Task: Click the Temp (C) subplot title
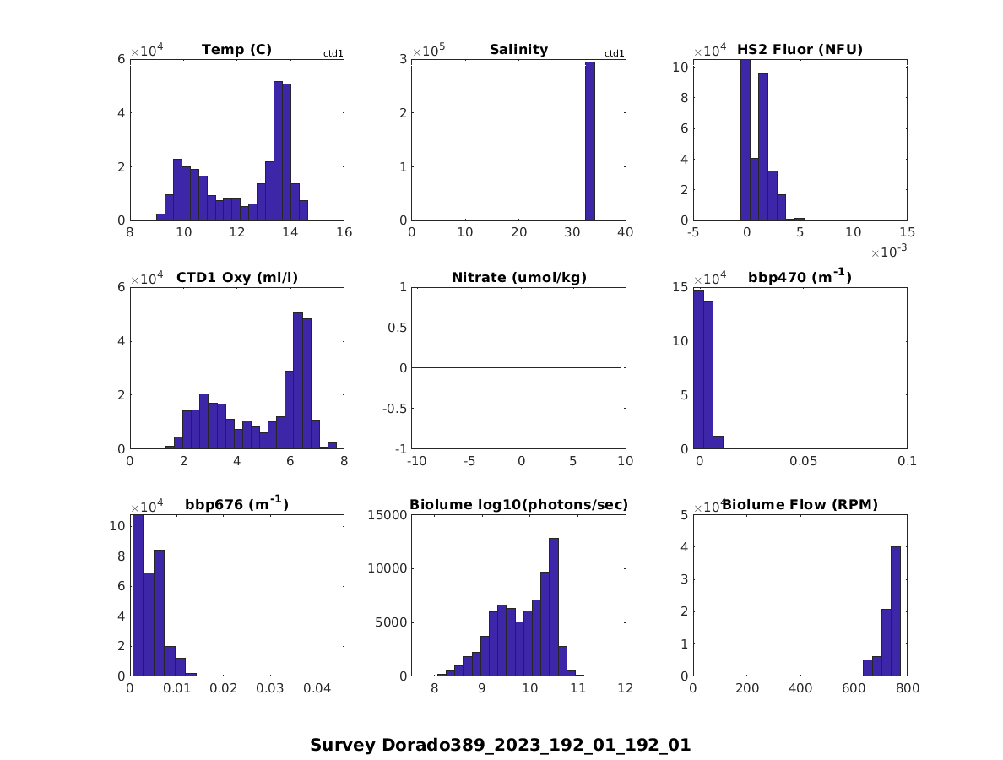[x=236, y=50]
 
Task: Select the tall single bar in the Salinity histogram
[x=590, y=141]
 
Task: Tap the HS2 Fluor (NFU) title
[x=800, y=50]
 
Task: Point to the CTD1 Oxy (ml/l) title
[x=236, y=278]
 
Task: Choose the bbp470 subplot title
[x=800, y=277]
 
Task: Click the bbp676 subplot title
[x=236, y=505]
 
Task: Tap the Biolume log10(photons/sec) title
[x=518, y=505]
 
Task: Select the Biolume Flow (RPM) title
[x=800, y=505]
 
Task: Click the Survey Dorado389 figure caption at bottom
[x=500, y=746]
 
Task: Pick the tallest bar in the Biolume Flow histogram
[x=896, y=611]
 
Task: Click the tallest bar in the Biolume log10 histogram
[x=554, y=606]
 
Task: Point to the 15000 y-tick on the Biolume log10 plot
[x=386, y=514]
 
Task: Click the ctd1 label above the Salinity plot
[x=615, y=54]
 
